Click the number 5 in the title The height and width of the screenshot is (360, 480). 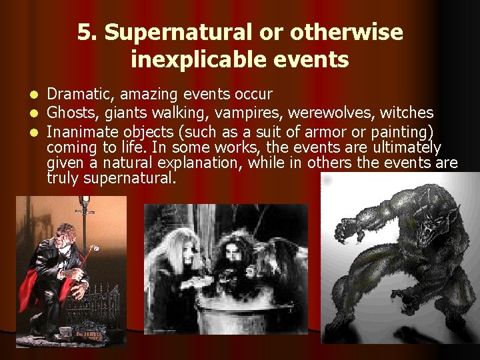[83, 32]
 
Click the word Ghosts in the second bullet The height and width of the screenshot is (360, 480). [69, 112]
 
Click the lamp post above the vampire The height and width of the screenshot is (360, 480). [84, 207]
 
